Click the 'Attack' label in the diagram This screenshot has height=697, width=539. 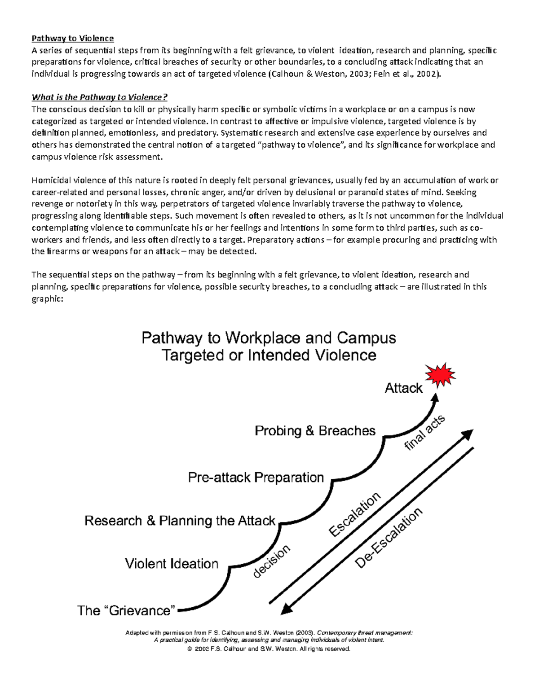point(403,388)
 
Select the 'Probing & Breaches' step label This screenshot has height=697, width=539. point(315,431)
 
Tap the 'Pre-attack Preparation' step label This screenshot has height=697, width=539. point(256,477)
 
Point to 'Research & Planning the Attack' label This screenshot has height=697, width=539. point(180,521)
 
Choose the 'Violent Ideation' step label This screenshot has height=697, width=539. point(172,564)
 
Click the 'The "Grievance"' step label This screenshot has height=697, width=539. point(126,610)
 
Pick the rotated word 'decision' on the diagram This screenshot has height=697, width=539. point(272,561)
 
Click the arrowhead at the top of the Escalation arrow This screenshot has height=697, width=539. point(468,434)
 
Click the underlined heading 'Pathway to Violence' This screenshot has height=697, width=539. point(72,38)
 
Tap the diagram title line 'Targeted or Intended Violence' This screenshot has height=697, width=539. point(269,355)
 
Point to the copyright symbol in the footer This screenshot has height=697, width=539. point(190,649)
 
